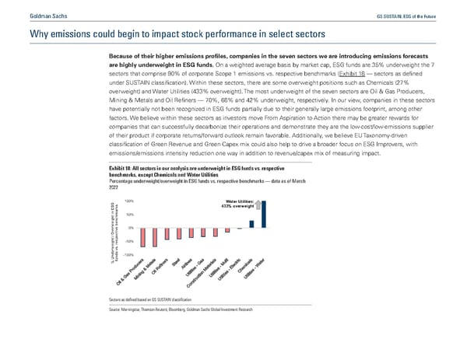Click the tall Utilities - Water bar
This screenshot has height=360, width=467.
point(263,214)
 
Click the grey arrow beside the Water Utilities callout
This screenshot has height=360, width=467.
point(258,206)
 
